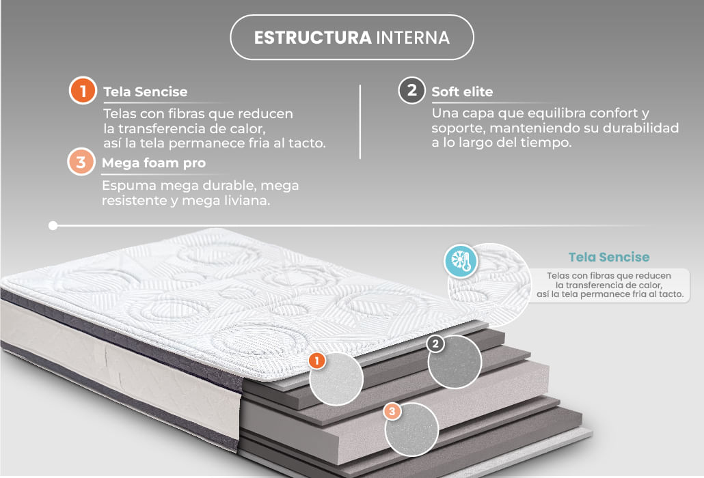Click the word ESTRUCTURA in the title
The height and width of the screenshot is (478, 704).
[312, 38]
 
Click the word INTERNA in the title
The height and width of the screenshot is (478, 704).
[413, 38]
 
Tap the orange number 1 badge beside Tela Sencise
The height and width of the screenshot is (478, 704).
[83, 90]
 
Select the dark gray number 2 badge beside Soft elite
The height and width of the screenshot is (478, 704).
[411, 90]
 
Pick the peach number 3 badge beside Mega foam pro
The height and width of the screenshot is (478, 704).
[81, 162]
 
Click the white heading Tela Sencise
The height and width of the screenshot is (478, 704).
[146, 92]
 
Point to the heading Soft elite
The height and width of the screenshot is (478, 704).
[462, 92]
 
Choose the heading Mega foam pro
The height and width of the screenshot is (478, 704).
[154, 163]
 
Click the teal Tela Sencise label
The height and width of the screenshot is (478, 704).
[609, 257]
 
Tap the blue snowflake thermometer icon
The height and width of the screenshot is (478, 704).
[461, 261]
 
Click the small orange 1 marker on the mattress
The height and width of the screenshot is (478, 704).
[317, 361]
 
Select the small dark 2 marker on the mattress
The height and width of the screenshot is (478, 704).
[435, 344]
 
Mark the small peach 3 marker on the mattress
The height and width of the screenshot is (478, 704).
[392, 412]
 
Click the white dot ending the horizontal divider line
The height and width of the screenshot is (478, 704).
[53, 225]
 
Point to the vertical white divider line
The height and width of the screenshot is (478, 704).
[360, 122]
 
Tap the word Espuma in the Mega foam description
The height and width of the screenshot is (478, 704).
[129, 186]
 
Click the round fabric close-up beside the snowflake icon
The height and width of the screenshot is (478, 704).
[490, 285]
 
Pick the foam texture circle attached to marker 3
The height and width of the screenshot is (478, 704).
[411, 430]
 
